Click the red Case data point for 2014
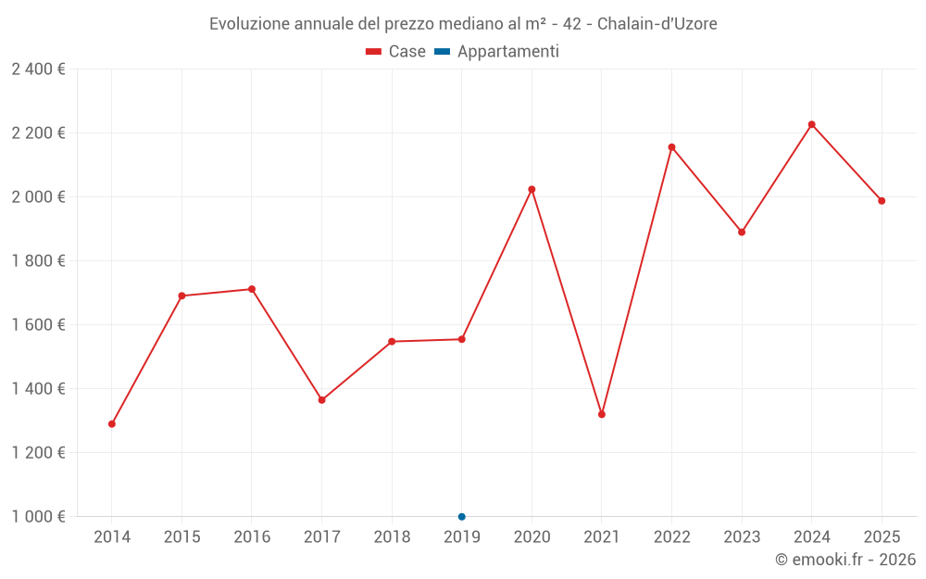(x=112, y=424)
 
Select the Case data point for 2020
(x=532, y=189)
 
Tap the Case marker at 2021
(x=602, y=414)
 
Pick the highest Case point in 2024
(x=812, y=124)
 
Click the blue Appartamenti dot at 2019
(x=462, y=517)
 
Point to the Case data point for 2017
(x=322, y=400)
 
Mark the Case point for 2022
(x=672, y=147)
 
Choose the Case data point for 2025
(x=882, y=201)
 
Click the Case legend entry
(x=396, y=52)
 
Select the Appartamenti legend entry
(x=497, y=52)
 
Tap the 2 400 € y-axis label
(x=39, y=69)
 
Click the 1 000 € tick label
(x=39, y=517)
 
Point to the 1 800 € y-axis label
(x=39, y=261)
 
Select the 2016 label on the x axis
(x=252, y=537)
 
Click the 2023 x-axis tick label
(x=742, y=537)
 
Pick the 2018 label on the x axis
(x=392, y=537)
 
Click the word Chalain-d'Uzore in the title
(x=657, y=23)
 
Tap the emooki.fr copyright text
(x=845, y=560)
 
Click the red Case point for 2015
(x=181, y=296)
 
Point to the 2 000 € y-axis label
(x=39, y=197)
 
